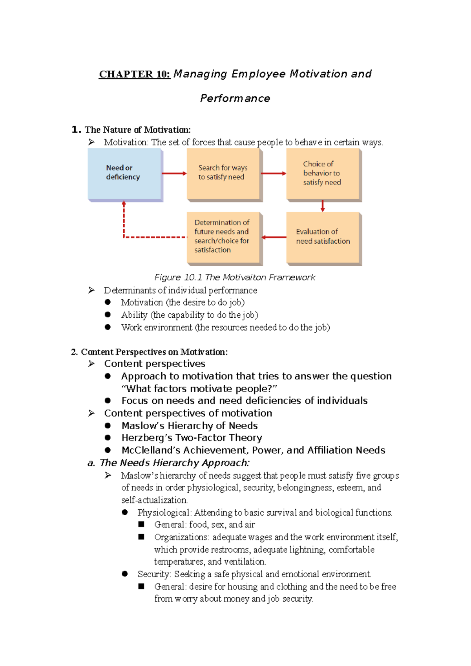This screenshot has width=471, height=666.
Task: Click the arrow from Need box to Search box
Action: (174, 173)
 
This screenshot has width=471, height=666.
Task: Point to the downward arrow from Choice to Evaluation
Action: (323, 206)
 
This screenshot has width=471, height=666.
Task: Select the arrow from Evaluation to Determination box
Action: (274, 237)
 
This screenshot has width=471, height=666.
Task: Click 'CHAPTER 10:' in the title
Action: (134, 74)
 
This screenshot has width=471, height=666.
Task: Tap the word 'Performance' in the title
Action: (235, 98)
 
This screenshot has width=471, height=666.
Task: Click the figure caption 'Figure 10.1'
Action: (178, 278)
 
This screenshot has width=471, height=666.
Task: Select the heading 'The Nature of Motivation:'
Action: (137, 130)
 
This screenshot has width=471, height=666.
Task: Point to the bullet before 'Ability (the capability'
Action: (108, 315)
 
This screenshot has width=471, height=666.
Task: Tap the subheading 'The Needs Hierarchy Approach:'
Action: (174, 463)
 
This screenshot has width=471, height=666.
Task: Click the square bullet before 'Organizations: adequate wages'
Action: (141, 537)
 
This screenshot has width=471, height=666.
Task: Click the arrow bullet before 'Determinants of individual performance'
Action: (91, 290)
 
